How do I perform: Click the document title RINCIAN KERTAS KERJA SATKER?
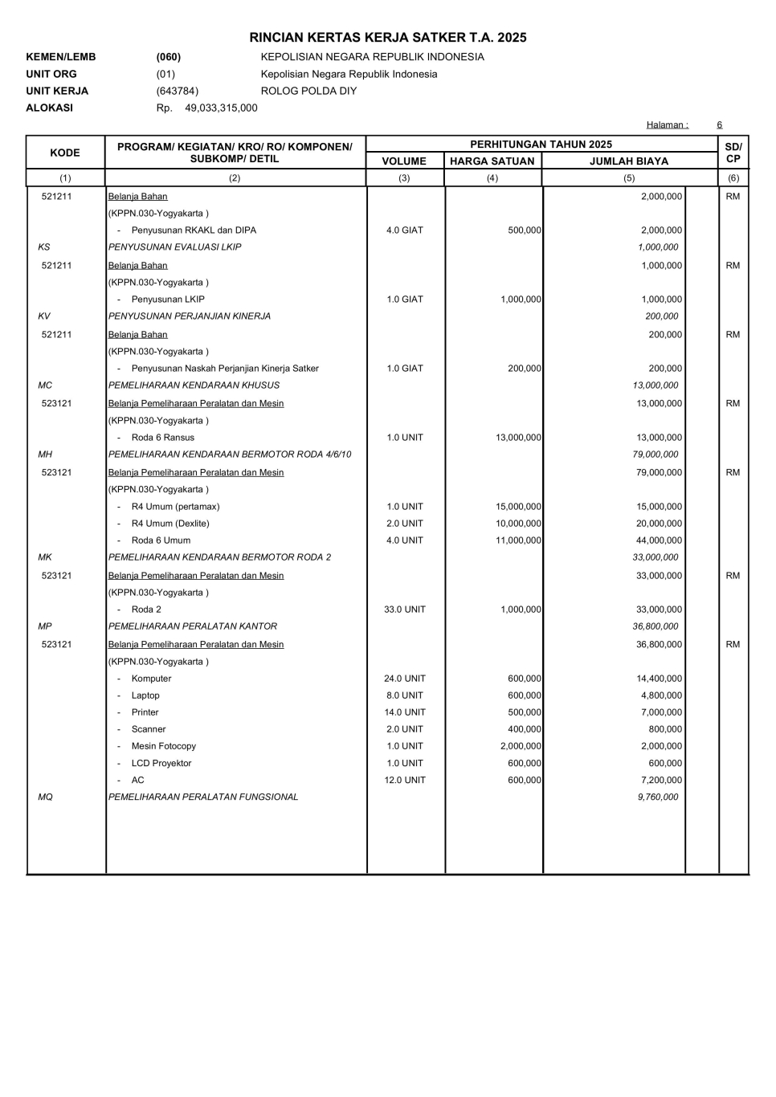click(388, 38)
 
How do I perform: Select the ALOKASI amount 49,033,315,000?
click(221, 108)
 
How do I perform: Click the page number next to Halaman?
click(720, 124)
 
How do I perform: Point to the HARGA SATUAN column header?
click(492, 161)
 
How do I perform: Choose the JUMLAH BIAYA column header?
click(628, 161)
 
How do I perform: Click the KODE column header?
click(65, 153)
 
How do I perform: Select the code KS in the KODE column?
click(44, 247)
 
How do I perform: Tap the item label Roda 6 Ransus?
click(162, 438)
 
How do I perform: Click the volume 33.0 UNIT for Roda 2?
click(405, 610)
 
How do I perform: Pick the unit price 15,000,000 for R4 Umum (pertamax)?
click(518, 507)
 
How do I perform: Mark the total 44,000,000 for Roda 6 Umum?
click(659, 540)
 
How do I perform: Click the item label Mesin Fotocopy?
click(163, 746)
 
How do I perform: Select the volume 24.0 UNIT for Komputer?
click(405, 679)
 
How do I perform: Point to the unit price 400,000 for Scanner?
click(524, 729)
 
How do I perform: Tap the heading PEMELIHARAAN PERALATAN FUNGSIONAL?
click(203, 797)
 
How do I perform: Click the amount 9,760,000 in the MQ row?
click(657, 797)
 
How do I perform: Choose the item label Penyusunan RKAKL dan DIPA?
click(194, 230)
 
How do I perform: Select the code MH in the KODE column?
click(45, 455)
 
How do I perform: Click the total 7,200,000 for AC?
click(661, 780)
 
